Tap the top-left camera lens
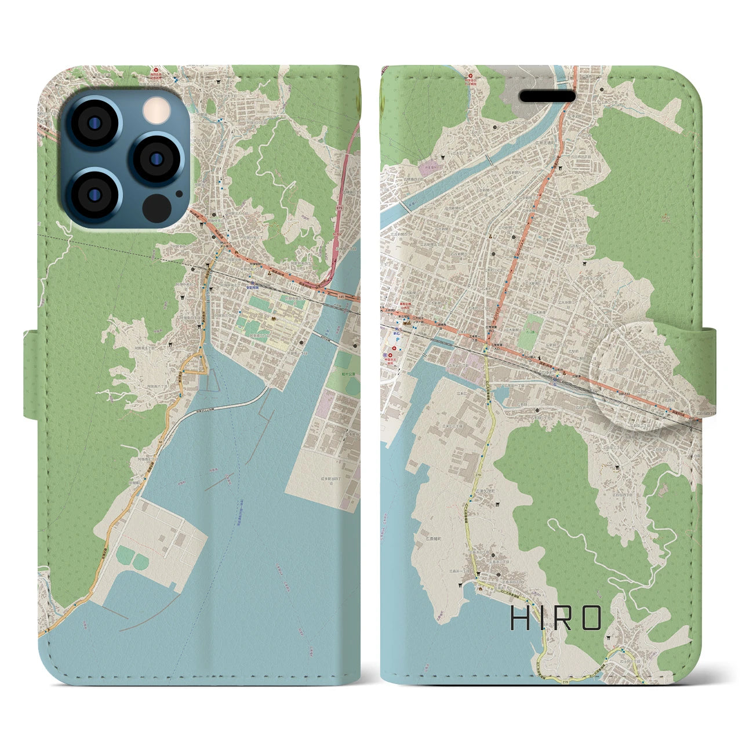pyautogui.click(x=93, y=123)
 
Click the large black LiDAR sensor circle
pyautogui.click(x=157, y=207)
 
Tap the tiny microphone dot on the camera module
pyautogui.click(x=179, y=194)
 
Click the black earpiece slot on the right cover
pyautogui.click(x=547, y=96)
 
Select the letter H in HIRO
pyautogui.click(x=519, y=619)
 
